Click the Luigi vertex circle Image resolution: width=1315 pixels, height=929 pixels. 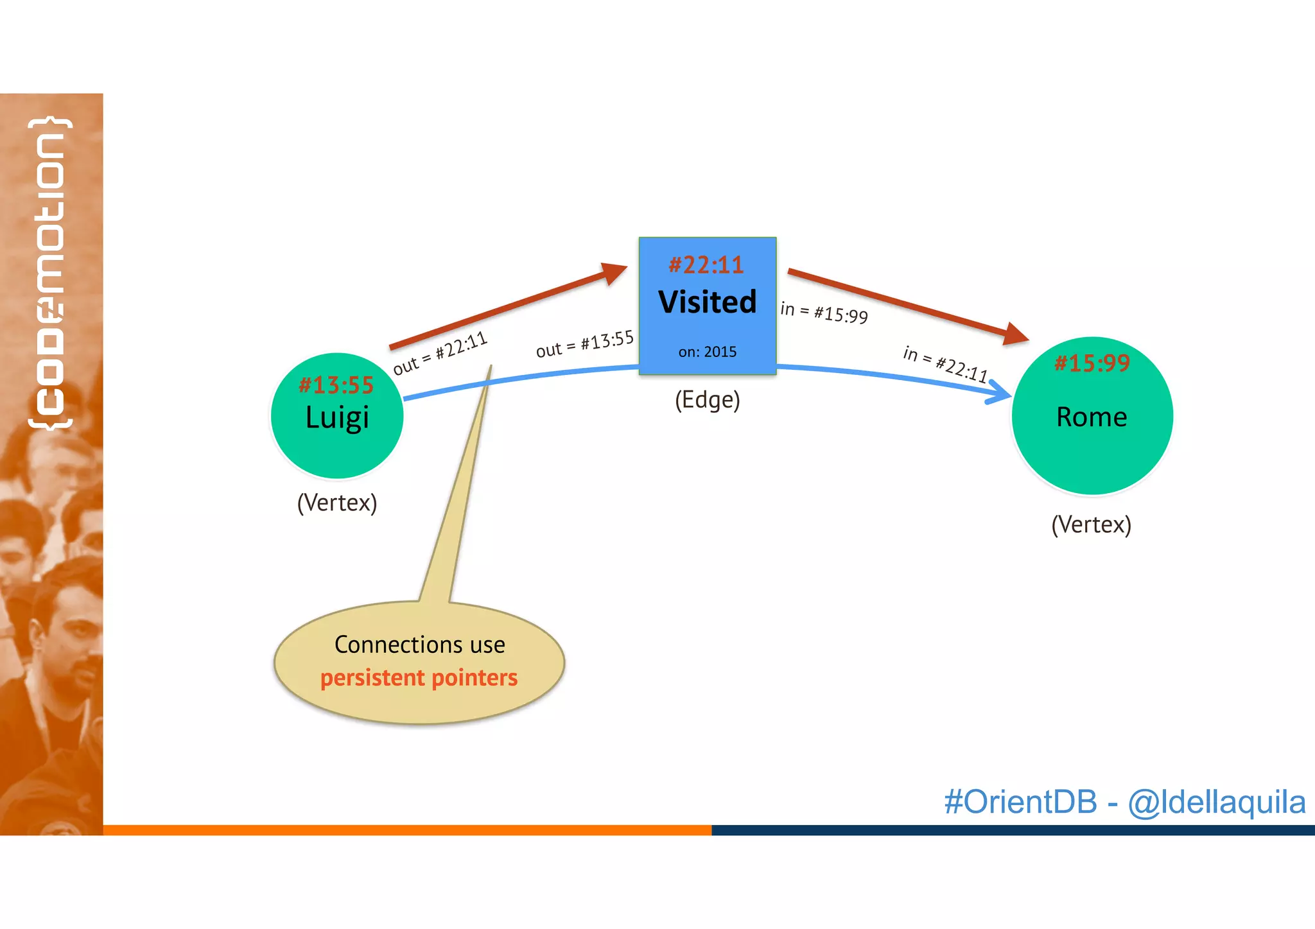click(x=336, y=443)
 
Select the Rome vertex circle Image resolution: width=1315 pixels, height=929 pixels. click(x=1092, y=449)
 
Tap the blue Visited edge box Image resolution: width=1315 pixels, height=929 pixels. click(x=707, y=327)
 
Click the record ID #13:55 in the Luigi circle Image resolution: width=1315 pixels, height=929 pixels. click(x=336, y=385)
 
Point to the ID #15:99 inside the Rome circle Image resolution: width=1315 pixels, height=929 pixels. click(x=1092, y=363)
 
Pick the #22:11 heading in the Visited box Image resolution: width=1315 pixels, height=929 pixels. click(x=706, y=265)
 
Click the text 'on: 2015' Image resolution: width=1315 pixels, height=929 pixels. click(x=707, y=352)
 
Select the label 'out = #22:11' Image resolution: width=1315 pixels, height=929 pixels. click(x=440, y=352)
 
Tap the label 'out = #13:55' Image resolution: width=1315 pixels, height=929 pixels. click(x=584, y=344)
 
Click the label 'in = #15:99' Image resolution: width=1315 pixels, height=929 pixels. click(x=824, y=312)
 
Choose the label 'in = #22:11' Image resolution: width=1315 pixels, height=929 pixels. click(x=945, y=363)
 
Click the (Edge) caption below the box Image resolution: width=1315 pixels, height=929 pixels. click(x=707, y=400)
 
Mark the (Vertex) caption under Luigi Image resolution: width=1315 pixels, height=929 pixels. click(x=336, y=503)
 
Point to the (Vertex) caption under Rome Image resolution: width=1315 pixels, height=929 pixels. click(x=1091, y=525)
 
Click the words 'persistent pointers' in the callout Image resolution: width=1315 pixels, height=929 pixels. click(x=419, y=678)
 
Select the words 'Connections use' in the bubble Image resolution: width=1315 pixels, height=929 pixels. click(x=419, y=645)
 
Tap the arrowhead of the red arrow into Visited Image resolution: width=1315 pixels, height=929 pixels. click(x=613, y=272)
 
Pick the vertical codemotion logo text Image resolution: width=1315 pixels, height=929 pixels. click(x=50, y=273)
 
